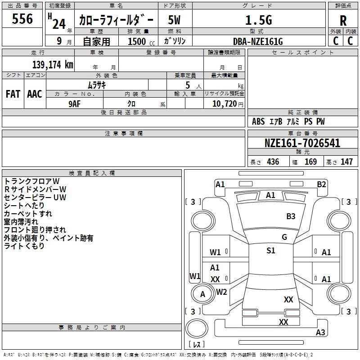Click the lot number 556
22,19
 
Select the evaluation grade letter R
343,21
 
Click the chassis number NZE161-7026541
302,144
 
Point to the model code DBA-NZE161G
258,41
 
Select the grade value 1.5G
258,20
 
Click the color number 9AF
74,103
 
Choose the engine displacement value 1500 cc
138,41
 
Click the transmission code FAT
13,94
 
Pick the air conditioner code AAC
35,94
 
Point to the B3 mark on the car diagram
291,216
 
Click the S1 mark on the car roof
270,251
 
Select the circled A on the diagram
202,294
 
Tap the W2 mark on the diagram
221,292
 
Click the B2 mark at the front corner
321,184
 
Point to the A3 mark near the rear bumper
320,333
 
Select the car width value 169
310,162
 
